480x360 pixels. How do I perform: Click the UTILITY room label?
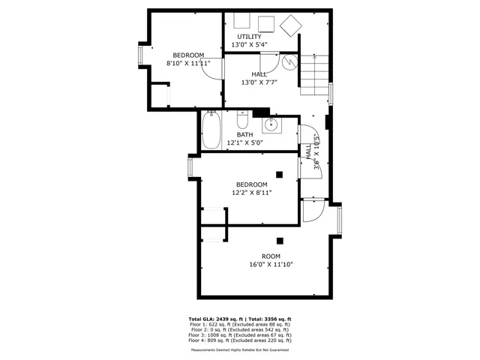point(249,37)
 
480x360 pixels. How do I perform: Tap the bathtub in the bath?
point(211,130)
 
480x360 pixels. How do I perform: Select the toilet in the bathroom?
point(242,121)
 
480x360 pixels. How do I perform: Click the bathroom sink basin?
point(271,124)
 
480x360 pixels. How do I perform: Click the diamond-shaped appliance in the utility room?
point(289,25)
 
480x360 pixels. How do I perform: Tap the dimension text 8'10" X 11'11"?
point(188,64)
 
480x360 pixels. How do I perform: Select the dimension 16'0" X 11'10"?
point(271,264)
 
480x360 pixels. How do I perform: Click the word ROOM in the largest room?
point(271,256)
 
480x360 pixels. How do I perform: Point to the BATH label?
point(244,135)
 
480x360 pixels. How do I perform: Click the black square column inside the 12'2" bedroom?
point(279,175)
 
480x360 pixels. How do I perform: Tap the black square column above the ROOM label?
point(280,241)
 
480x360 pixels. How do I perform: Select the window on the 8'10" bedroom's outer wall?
point(140,55)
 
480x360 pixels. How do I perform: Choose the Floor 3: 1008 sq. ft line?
point(240,334)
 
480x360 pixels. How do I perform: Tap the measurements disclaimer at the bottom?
point(240,349)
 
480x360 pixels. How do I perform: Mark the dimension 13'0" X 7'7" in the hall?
point(259,82)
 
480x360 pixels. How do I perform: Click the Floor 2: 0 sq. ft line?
point(240,329)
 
